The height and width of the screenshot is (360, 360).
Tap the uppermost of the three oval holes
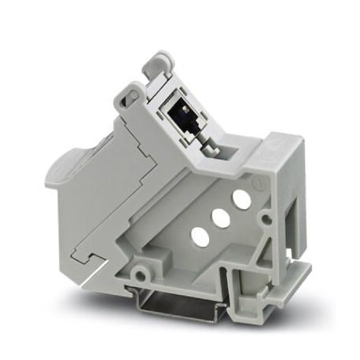pyautogui.click(x=242, y=200)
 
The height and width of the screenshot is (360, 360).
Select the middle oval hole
pyautogui.click(x=220, y=217)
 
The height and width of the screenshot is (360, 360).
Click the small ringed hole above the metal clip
pyautogui.click(x=141, y=273)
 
